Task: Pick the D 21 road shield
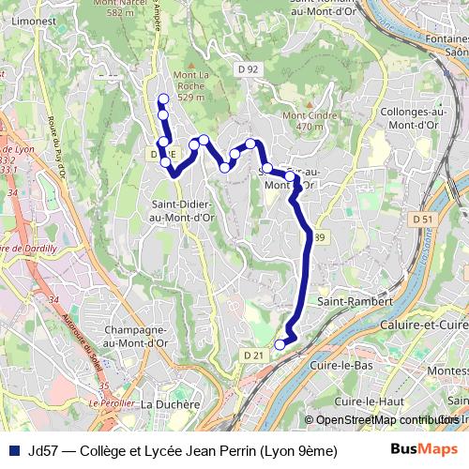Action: point(251,356)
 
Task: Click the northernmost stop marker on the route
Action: point(163,98)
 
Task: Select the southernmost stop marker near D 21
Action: point(280,345)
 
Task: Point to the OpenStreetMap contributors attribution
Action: point(385,419)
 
